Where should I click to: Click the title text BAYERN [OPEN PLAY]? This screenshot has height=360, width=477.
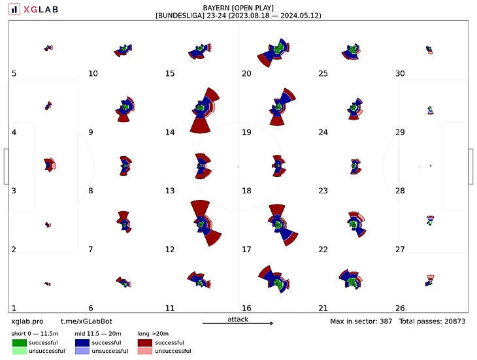point(238,7)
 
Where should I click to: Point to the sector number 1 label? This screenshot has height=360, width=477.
point(14,308)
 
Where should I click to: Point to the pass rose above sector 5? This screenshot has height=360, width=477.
point(48,48)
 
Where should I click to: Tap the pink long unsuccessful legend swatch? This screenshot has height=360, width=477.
point(146,351)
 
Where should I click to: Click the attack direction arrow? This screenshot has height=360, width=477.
point(238,323)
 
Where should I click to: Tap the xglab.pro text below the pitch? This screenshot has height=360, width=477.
point(27,322)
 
